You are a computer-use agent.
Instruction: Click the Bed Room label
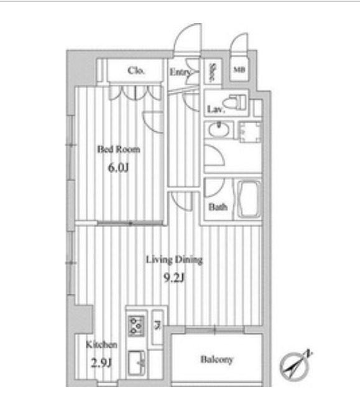pyautogui.click(x=118, y=149)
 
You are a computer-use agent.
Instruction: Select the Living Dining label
pyautogui.click(x=174, y=259)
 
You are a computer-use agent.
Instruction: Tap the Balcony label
pyautogui.click(x=216, y=360)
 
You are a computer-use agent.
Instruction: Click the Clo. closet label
pyautogui.click(x=136, y=71)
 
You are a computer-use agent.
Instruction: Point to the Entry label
pyautogui.click(x=180, y=72)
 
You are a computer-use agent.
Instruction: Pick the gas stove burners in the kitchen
pyautogui.click(x=136, y=324)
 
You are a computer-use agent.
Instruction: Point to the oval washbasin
pyautogui.click(x=218, y=132)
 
